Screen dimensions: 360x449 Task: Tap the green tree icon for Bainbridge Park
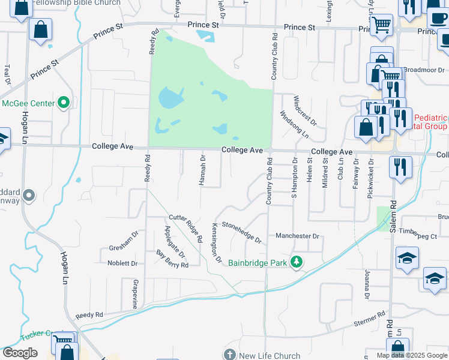pos(296,262)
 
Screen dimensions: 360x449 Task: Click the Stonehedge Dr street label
pos(242,232)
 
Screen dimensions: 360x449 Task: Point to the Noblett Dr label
pos(122,263)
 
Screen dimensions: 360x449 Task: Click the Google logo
pos(20,353)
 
